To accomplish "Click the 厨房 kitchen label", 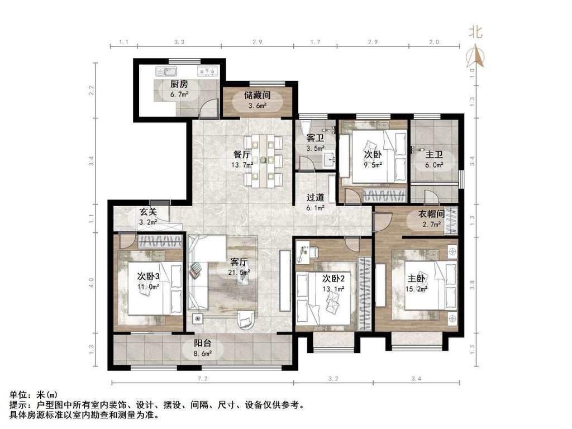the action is (179, 84).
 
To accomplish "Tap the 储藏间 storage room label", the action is (258, 96).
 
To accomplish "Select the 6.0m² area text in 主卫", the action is (434, 165).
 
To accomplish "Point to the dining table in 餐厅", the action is (263, 160).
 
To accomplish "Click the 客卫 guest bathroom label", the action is (315, 139).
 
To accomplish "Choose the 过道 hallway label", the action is (315, 198).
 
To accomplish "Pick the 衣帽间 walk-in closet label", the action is (431, 214).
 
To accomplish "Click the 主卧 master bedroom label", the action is (417, 279).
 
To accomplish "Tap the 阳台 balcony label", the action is (202, 344).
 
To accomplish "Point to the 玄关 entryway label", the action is (149, 212).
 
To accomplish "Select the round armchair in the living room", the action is (246, 320).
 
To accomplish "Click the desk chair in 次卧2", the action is (314, 252).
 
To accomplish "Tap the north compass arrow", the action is (475, 56).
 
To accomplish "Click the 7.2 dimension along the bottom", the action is (202, 379).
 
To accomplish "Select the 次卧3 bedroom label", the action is (148, 277).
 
